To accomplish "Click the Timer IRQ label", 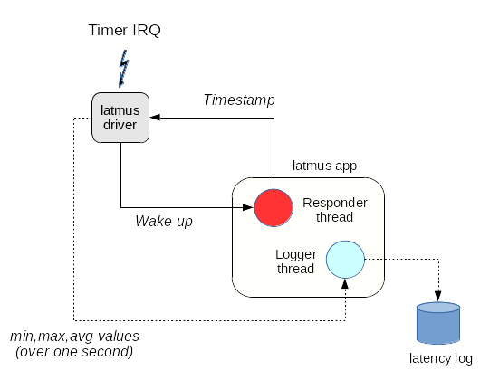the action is pyautogui.click(x=124, y=30).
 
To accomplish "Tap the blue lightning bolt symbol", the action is pyautogui.click(x=124, y=69).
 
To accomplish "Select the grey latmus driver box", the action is pyautogui.click(x=120, y=118).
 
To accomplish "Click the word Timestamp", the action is pyautogui.click(x=239, y=100).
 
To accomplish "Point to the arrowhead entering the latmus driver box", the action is pyautogui.click(x=155, y=118).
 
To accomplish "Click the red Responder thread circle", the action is pyautogui.click(x=274, y=208).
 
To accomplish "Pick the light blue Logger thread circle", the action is pyautogui.click(x=345, y=260).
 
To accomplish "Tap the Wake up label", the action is pyautogui.click(x=164, y=221).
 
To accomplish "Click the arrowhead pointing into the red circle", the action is pyautogui.click(x=248, y=207).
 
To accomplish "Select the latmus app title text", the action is pyautogui.click(x=324, y=166).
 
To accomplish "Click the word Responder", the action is pyautogui.click(x=335, y=203).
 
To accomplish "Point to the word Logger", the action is pyautogui.click(x=296, y=254).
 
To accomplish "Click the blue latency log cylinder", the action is pyautogui.click(x=438, y=323).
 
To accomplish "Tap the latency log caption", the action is pyautogui.click(x=441, y=358).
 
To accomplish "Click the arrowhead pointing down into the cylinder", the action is pyautogui.click(x=438, y=296).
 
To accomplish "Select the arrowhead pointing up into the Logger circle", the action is pyautogui.click(x=345, y=284).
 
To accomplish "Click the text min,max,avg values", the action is pyautogui.click(x=74, y=337).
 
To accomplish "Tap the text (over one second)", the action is pyautogui.click(x=74, y=352).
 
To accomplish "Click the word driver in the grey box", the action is pyautogui.click(x=120, y=125).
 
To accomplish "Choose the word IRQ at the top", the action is pyautogui.click(x=147, y=30).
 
